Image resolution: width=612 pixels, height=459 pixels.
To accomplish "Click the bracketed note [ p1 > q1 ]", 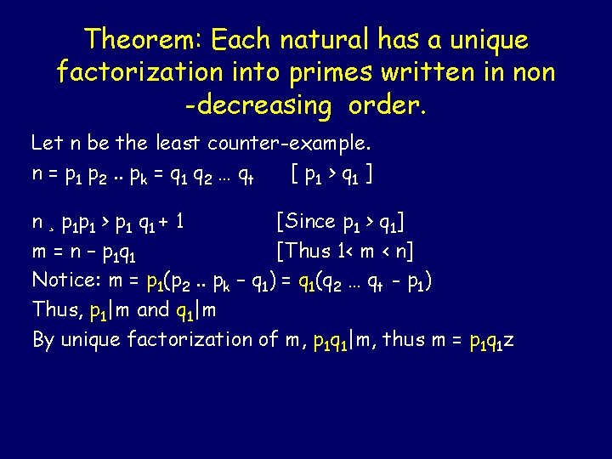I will [333, 175].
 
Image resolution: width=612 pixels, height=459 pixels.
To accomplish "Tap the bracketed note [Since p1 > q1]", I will [340, 222].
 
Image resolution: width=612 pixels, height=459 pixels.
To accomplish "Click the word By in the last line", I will [43, 339].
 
